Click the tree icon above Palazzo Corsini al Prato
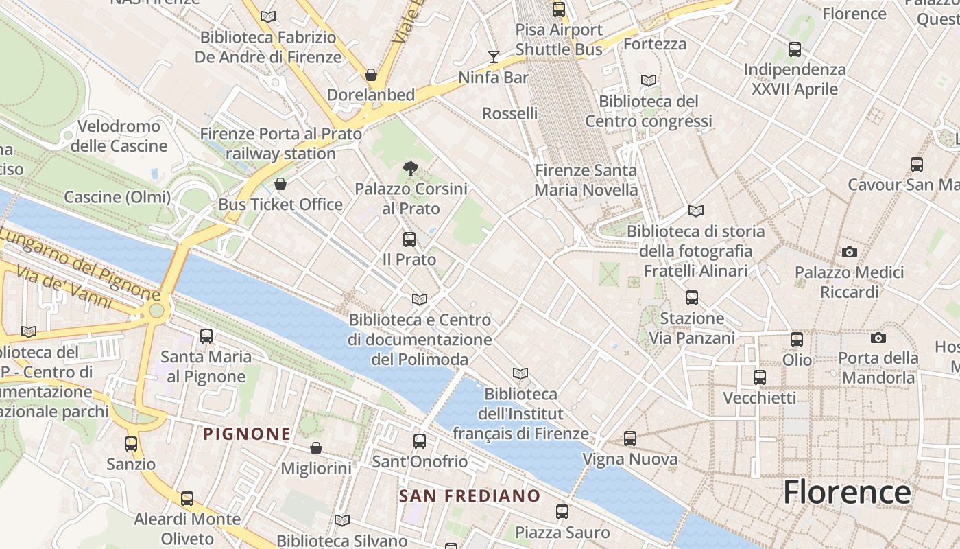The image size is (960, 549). coord(410,167)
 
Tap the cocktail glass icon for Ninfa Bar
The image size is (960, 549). coord(494,56)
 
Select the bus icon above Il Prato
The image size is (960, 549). coord(409,240)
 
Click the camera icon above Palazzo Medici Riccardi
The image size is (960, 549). coord(850,252)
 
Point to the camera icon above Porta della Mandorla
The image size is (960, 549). coord(878,338)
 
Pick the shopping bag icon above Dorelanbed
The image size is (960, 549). coord(371,74)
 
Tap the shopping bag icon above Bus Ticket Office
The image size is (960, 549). coord(280,184)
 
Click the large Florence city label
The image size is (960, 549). coord(847,492)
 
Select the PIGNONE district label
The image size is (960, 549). coord(247,434)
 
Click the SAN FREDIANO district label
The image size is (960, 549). coord(470,495)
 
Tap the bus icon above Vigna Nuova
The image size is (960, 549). coord(630,439)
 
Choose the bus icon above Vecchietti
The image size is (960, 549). coord(760,377)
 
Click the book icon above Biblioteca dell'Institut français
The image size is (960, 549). coord(520,373)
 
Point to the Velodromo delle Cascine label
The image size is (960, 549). coord(119,136)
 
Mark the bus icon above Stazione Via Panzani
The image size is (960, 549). coord(692,298)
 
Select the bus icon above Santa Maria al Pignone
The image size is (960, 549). coord(206,336)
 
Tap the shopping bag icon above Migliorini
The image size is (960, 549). coord(316,448)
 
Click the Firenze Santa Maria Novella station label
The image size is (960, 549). coord(586,180)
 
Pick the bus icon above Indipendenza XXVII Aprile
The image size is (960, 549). coord(795,49)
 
